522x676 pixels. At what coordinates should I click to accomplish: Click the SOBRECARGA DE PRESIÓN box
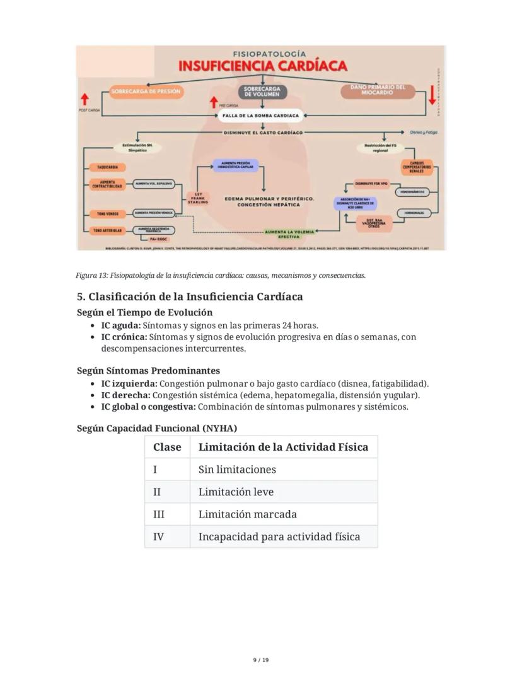point(146,92)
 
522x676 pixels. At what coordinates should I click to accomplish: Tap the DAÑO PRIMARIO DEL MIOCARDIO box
point(378,90)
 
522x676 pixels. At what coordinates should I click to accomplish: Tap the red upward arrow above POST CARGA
point(84,100)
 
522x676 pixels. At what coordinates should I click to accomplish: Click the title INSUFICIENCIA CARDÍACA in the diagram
point(262,66)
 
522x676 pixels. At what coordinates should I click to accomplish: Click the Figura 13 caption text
point(221,275)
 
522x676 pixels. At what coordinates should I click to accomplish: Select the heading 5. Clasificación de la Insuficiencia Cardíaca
point(190,297)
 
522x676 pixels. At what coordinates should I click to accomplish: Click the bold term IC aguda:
point(120,326)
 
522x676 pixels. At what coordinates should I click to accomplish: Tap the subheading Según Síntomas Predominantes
point(148,371)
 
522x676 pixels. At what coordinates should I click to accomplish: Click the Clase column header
point(167,447)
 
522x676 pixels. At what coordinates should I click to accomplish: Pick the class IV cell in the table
point(158,537)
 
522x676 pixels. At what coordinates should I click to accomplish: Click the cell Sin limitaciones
point(237,470)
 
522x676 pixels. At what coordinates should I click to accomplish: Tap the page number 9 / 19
point(261,660)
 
